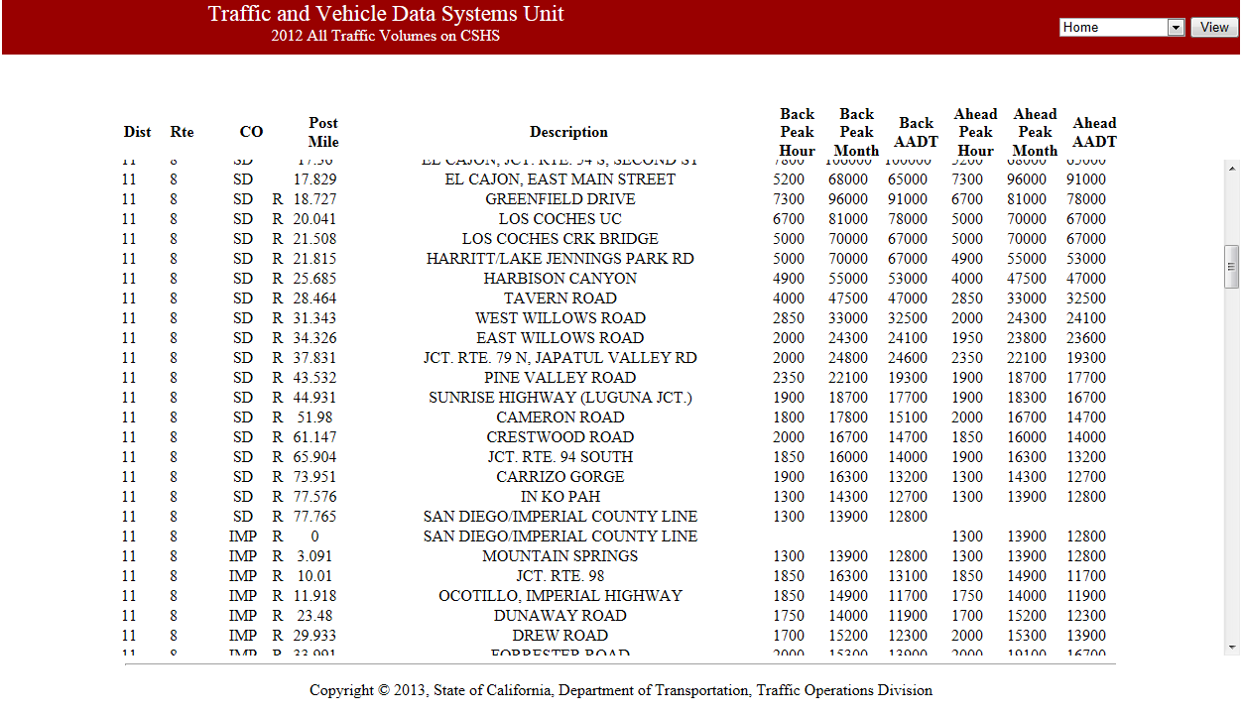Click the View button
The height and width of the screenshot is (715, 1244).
1214,28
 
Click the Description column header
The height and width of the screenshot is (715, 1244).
568,132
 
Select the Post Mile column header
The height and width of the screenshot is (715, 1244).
323,132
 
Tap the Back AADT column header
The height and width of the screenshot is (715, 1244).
916,132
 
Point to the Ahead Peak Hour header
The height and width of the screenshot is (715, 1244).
975,132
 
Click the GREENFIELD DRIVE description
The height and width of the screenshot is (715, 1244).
560,199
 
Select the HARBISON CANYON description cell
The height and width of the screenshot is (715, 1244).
560,279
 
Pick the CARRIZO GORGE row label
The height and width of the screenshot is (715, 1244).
560,477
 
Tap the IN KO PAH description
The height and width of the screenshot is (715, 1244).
560,497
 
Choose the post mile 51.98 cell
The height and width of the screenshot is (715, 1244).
315,417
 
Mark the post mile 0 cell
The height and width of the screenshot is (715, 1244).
314,536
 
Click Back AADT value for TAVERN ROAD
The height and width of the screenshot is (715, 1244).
908,298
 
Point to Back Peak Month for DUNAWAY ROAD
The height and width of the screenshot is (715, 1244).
848,616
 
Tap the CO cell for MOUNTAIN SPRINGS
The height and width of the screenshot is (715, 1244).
243,556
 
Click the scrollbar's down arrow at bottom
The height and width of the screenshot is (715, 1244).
1232,648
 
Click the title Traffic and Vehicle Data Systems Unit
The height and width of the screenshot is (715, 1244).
386,14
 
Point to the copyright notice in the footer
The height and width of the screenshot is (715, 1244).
621,690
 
